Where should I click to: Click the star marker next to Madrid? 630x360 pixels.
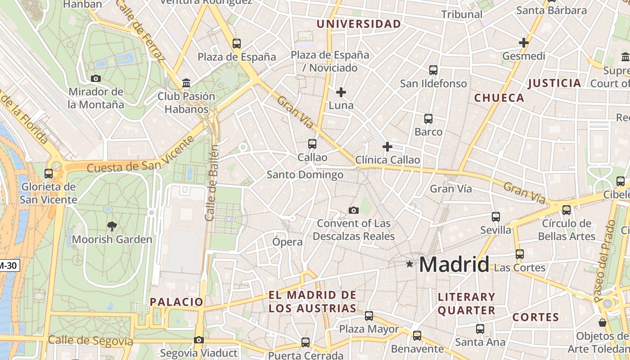coord(409,264)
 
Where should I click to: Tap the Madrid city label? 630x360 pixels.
coord(454,264)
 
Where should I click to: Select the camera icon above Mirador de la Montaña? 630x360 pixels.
coord(95,78)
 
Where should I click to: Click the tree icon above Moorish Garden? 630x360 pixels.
coord(112,226)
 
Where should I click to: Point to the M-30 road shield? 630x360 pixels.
coord(9,265)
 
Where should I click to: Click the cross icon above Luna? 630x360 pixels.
coord(341,92)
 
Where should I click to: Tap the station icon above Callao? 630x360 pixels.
coord(312,144)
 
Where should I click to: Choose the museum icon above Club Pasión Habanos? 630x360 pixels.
coord(186,83)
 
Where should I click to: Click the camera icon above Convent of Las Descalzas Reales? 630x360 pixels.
coord(354,210)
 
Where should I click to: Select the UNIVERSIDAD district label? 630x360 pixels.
coord(359,24)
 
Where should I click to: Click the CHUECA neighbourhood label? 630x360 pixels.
coord(499,98)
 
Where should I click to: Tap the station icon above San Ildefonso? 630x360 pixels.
coord(433,70)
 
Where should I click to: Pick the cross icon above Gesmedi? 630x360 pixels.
coord(523,43)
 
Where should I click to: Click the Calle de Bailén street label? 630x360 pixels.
coord(211,183)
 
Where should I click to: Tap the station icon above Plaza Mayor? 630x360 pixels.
coord(369,316)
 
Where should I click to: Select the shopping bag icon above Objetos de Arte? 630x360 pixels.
coord(603,323)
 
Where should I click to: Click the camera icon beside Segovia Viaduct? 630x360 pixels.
coord(199,340)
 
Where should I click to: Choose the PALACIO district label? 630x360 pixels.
coord(176,302)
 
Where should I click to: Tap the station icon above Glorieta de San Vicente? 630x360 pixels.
coord(49,173)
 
